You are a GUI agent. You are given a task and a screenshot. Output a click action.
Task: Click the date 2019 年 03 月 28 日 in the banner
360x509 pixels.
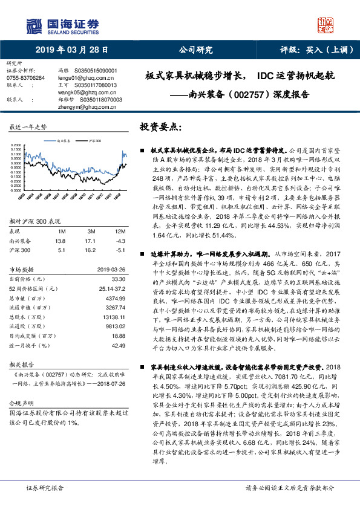point(71,50)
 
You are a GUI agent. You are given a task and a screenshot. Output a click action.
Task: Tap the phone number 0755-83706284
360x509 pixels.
point(25,78)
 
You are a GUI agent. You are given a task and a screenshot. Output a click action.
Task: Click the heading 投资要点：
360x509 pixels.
point(160,128)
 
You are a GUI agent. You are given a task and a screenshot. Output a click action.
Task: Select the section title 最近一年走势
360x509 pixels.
point(28,128)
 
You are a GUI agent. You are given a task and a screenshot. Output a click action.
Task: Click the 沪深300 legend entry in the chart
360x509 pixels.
point(94,140)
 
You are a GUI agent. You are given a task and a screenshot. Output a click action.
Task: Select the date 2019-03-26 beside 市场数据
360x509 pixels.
point(112,270)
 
